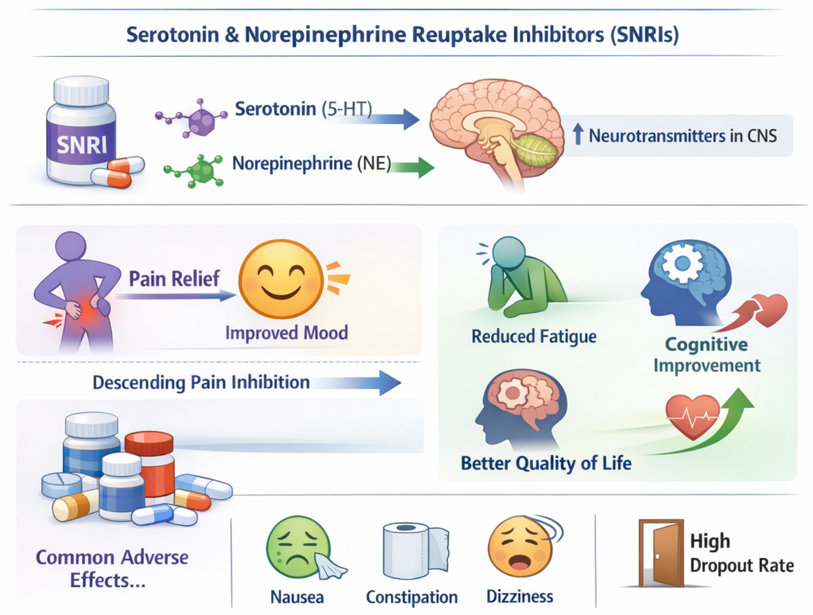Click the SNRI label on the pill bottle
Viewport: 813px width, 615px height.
(x=81, y=145)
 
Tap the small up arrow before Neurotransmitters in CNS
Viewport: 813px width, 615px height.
(x=578, y=134)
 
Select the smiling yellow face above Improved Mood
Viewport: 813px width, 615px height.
(x=281, y=279)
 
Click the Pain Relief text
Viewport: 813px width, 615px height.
(x=174, y=279)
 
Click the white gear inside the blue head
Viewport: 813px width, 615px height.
(x=683, y=263)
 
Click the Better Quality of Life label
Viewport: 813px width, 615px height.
(x=546, y=463)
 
